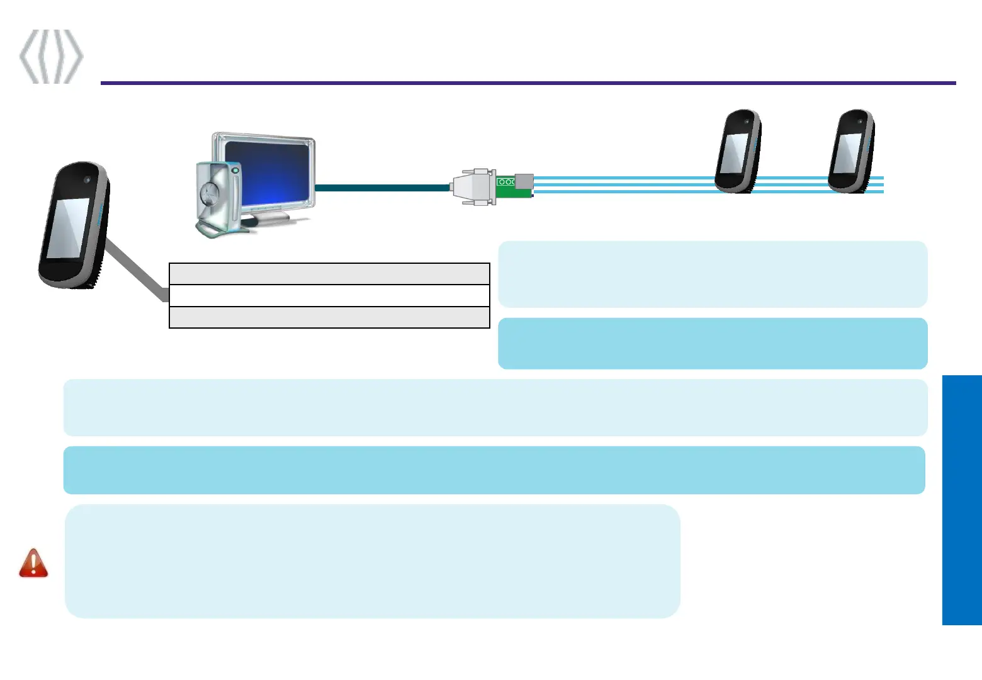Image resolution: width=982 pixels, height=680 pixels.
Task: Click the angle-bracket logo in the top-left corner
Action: tap(51, 56)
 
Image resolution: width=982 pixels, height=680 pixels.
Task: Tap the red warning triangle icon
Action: tap(33, 563)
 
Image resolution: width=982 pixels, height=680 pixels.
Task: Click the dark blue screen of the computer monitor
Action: tap(267, 173)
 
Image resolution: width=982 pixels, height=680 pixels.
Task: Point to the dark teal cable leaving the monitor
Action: tap(381, 188)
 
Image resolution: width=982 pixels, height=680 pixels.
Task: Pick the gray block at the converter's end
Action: tap(524, 182)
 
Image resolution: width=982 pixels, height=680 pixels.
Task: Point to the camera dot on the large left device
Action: tap(87, 180)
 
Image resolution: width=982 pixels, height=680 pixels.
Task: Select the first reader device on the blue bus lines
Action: tap(738, 151)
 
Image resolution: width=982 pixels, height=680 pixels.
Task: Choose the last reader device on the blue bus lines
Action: tap(851, 151)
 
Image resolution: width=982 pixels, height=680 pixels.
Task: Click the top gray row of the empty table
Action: tap(329, 274)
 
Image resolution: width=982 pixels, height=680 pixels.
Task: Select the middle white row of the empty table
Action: tap(329, 296)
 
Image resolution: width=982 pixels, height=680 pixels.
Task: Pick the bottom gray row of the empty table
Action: tap(329, 317)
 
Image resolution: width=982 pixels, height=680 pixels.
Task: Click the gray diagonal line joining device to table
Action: tap(135, 270)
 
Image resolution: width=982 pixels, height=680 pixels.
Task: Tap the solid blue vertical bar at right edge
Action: tap(962, 500)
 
